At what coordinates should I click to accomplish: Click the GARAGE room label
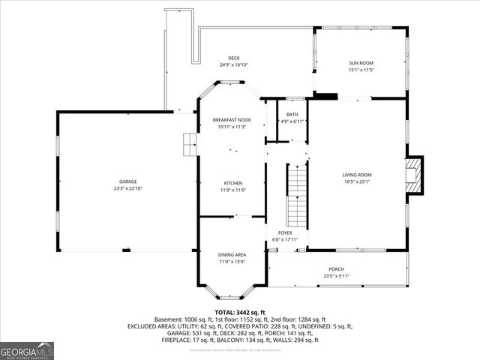(x=127, y=182)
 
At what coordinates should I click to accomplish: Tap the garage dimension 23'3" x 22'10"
(x=127, y=188)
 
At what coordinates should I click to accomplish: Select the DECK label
(x=233, y=58)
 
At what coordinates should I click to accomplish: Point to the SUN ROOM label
(x=361, y=63)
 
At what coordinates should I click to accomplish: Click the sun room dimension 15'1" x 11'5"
(x=361, y=70)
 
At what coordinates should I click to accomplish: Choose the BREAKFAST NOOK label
(x=232, y=121)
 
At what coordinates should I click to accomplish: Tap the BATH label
(x=292, y=115)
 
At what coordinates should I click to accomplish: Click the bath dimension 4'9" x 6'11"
(x=292, y=121)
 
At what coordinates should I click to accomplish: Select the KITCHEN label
(x=232, y=183)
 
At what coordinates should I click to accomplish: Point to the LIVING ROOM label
(x=358, y=175)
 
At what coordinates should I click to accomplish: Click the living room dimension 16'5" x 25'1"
(x=358, y=181)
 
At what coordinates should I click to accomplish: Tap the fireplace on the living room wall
(x=412, y=175)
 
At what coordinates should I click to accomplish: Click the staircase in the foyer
(x=298, y=190)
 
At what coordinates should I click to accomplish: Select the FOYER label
(x=285, y=232)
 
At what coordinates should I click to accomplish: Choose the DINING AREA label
(x=232, y=255)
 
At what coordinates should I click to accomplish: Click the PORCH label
(x=336, y=269)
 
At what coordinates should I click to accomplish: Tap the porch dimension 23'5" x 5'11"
(x=336, y=276)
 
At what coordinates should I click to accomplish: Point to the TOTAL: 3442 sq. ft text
(x=240, y=311)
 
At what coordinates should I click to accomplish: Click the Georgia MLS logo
(x=27, y=350)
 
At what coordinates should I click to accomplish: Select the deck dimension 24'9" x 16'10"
(x=233, y=65)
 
